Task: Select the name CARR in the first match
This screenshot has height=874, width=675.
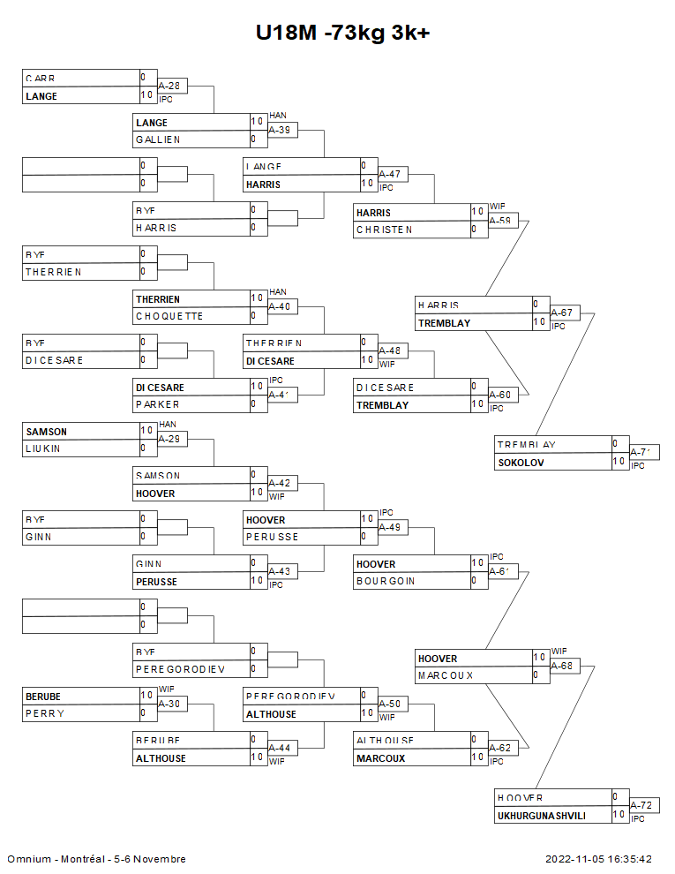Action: [x=41, y=79]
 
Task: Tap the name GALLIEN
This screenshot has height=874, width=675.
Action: [x=158, y=139]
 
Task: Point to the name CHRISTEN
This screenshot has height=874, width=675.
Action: [x=384, y=230]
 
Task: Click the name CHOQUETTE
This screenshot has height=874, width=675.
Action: [x=169, y=316]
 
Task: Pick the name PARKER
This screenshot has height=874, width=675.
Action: [x=157, y=404]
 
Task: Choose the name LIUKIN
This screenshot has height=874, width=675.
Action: [x=43, y=448]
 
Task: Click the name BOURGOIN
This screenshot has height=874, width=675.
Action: [x=385, y=581]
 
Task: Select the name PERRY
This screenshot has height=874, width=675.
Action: [x=44, y=713]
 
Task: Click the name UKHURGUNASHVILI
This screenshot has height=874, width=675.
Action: [x=541, y=816]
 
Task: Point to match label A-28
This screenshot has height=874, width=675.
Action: [x=169, y=86]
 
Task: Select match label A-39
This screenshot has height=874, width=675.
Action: [x=280, y=130]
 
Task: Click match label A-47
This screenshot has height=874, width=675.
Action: [x=389, y=174]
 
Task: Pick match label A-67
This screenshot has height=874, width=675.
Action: [x=561, y=313]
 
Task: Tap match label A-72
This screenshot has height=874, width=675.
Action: [x=641, y=806]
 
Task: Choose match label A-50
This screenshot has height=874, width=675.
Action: [x=389, y=704]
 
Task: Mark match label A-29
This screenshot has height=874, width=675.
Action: [x=169, y=439]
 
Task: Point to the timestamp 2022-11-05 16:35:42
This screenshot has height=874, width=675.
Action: [x=598, y=859]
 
